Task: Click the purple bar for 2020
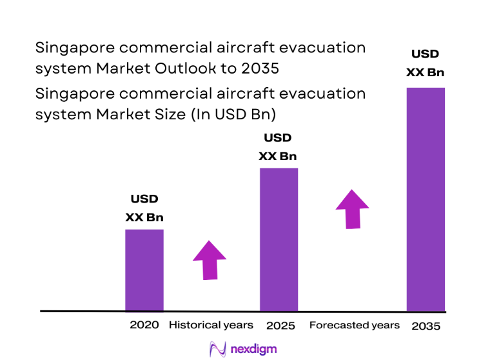pyautogui.click(x=144, y=270)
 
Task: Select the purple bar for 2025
pyautogui.click(x=279, y=239)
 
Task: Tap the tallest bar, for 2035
pyautogui.click(x=426, y=199)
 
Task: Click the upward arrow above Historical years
pyautogui.click(x=210, y=261)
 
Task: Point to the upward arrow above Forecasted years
pyautogui.click(x=352, y=209)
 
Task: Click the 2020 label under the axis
pyautogui.click(x=144, y=325)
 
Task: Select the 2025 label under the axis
pyautogui.click(x=280, y=326)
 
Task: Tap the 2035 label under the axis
pyautogui.click(x=426, y=326)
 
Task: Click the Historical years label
pyautogui.click(x=211, y=325)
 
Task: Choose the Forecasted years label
pyautogui.click(x=355, y=325)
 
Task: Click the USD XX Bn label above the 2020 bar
pyautogui.click(x=144, y=208)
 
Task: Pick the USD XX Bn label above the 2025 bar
pyautogui.click(x=278, y=147)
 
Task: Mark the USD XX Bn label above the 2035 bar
pyautogui.click(x=425, y=63)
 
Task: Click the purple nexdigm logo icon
pyautogui.click(x=216, y=349)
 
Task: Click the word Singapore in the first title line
pyautogui.click(x=70, y=48)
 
